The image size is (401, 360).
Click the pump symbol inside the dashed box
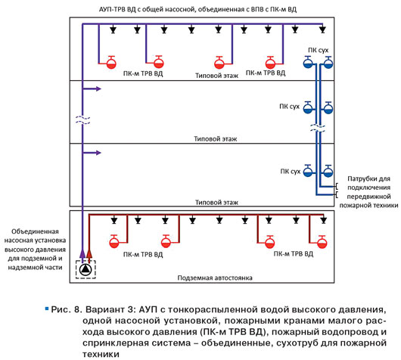click(85, 269)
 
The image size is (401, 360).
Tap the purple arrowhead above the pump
click(82, 253)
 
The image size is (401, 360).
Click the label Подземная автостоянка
click(215, 278)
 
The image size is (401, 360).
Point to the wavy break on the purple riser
click(83, 120)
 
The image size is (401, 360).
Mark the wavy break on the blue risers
click(318, 128)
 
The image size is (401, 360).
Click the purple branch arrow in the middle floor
click(92, 89)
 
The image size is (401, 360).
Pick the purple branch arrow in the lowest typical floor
click(92, 153)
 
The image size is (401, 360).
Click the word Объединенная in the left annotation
click(35, 231)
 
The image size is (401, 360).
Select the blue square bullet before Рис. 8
click(47, 309)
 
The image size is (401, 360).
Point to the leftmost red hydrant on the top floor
click(111, 63)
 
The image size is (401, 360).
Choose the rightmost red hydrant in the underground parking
click(322, 242)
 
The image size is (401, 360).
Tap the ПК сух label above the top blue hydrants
click(318, 50)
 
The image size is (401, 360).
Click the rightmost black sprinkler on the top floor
click(323, 29)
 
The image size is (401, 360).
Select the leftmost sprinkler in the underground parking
click(114, 220)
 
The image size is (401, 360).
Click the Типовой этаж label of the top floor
click(217, 76)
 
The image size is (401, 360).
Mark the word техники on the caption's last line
click(101, 355)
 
